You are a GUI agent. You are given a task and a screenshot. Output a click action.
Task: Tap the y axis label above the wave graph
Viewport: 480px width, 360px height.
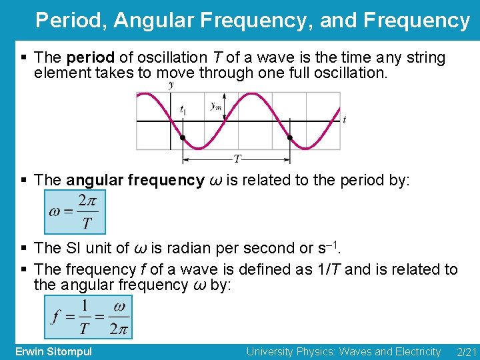[x=172, y=85]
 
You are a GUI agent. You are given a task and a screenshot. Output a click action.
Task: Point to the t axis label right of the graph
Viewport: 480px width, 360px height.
[x=344, y=120]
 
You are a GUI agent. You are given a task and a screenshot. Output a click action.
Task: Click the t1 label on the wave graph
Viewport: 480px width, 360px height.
[x=183, y=110]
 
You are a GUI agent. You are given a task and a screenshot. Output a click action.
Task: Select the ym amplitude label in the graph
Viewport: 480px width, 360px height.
[x=216, y=105]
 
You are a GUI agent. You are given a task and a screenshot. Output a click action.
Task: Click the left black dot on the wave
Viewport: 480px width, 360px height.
[x=183, y=138]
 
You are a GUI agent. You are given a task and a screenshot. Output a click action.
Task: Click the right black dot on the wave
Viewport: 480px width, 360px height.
[x=289, y=138]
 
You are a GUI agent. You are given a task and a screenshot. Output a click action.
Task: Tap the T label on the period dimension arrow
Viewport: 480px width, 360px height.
[x=237, y=159]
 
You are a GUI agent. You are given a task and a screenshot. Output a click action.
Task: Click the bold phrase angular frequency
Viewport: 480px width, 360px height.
[x=135, y=180]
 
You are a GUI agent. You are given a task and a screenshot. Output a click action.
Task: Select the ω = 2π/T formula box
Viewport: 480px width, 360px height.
[x=74, y=212]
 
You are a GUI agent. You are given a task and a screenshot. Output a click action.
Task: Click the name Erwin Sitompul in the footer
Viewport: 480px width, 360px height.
[x=53, y=351]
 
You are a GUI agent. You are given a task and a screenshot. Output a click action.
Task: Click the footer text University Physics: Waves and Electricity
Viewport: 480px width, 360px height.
[x=343, y=351]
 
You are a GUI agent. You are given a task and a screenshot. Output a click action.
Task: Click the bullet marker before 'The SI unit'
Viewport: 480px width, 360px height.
[x=25, y=249]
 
